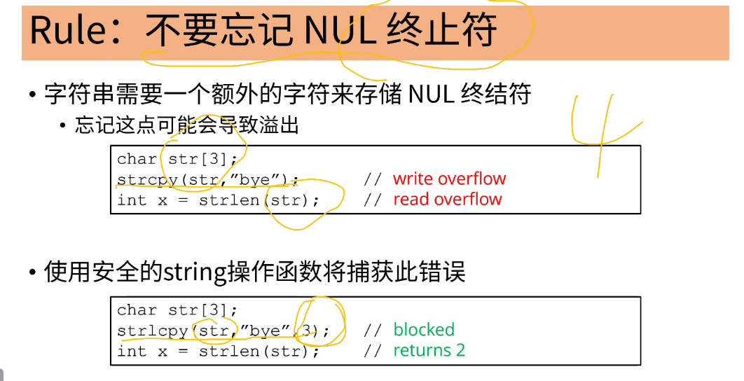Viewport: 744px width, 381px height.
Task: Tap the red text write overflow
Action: (449, 179)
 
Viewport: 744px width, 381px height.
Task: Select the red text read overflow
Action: (448, 199)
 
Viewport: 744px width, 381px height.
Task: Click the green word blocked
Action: (424, 329)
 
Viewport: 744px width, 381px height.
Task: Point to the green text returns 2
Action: (429, 350)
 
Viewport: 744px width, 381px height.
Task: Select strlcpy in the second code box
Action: (152, 331)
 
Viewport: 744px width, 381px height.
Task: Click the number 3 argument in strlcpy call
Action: (305, 331)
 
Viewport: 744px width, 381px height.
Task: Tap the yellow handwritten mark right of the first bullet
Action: (602, 133)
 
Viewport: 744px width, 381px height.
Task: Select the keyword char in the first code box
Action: (137, 159)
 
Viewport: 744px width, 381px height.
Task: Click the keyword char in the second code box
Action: (137, 310)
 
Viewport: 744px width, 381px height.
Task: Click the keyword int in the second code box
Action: (132, 351)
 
